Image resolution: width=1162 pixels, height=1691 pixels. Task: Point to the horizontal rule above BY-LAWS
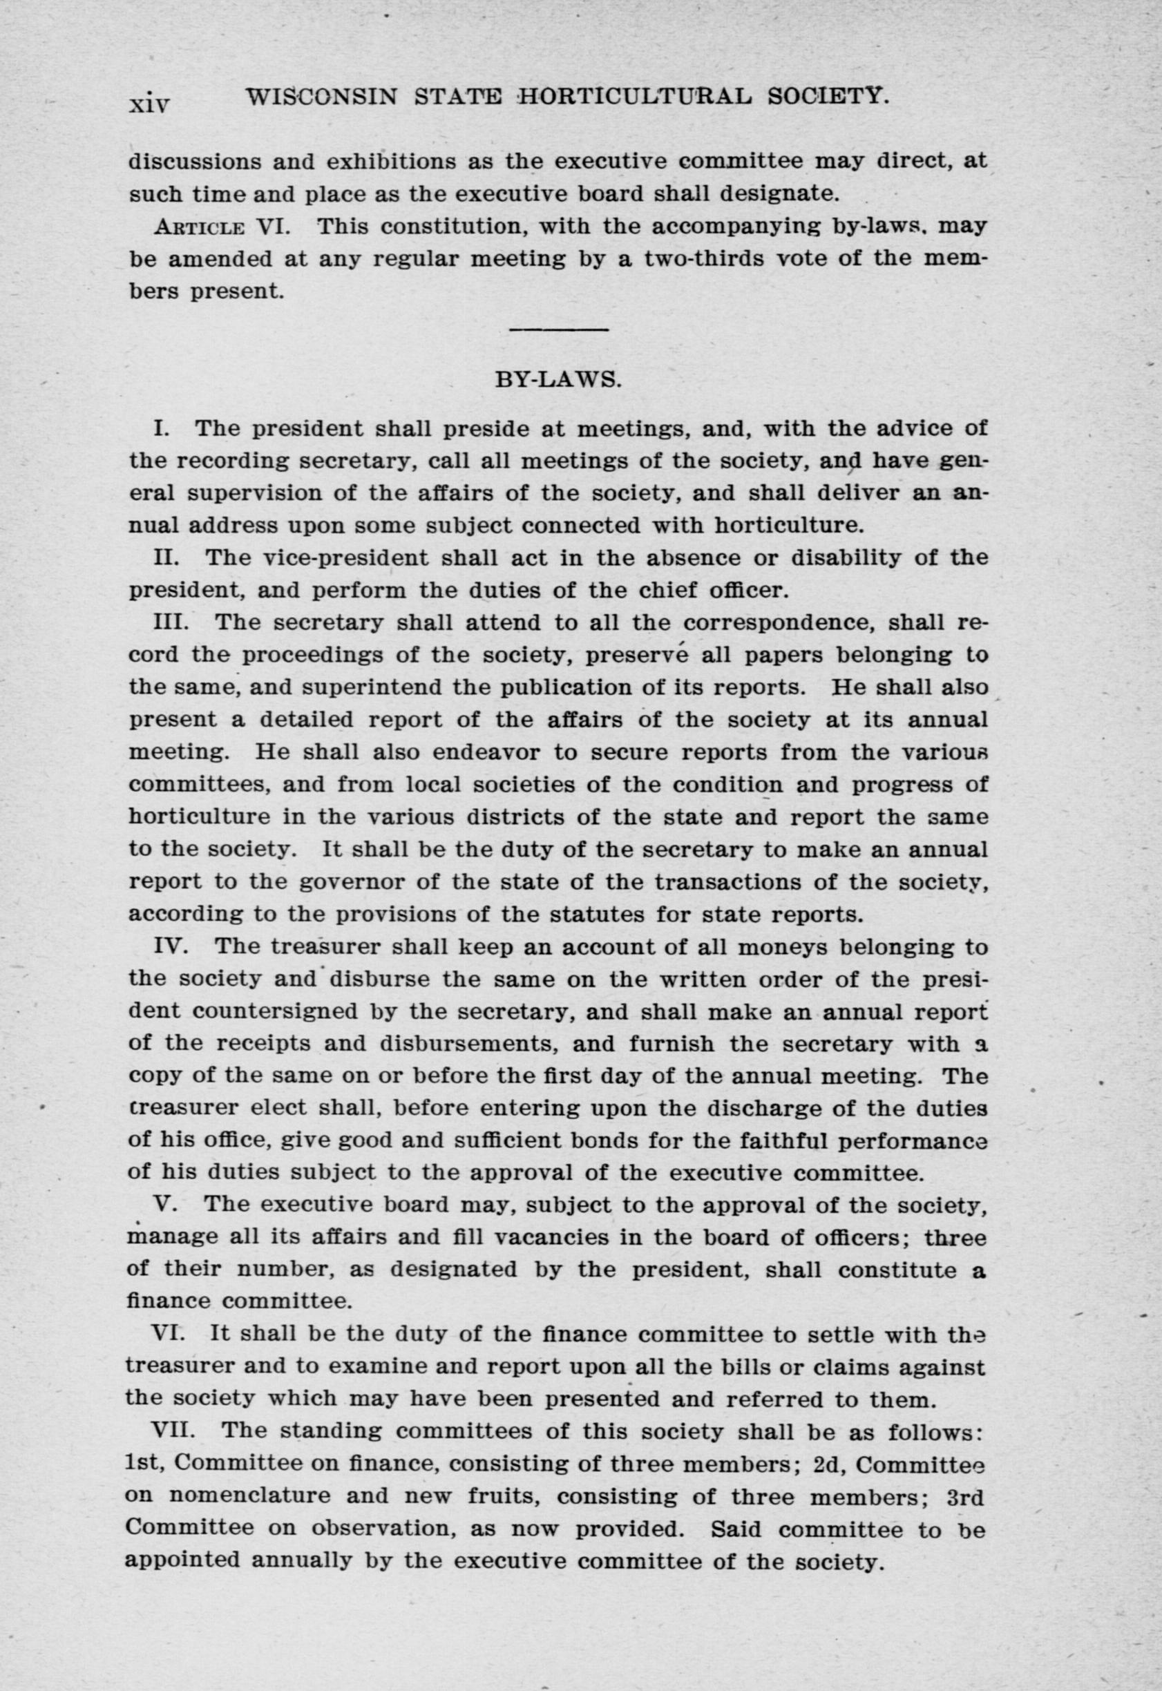558,330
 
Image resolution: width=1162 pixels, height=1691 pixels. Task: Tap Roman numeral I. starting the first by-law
161,428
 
